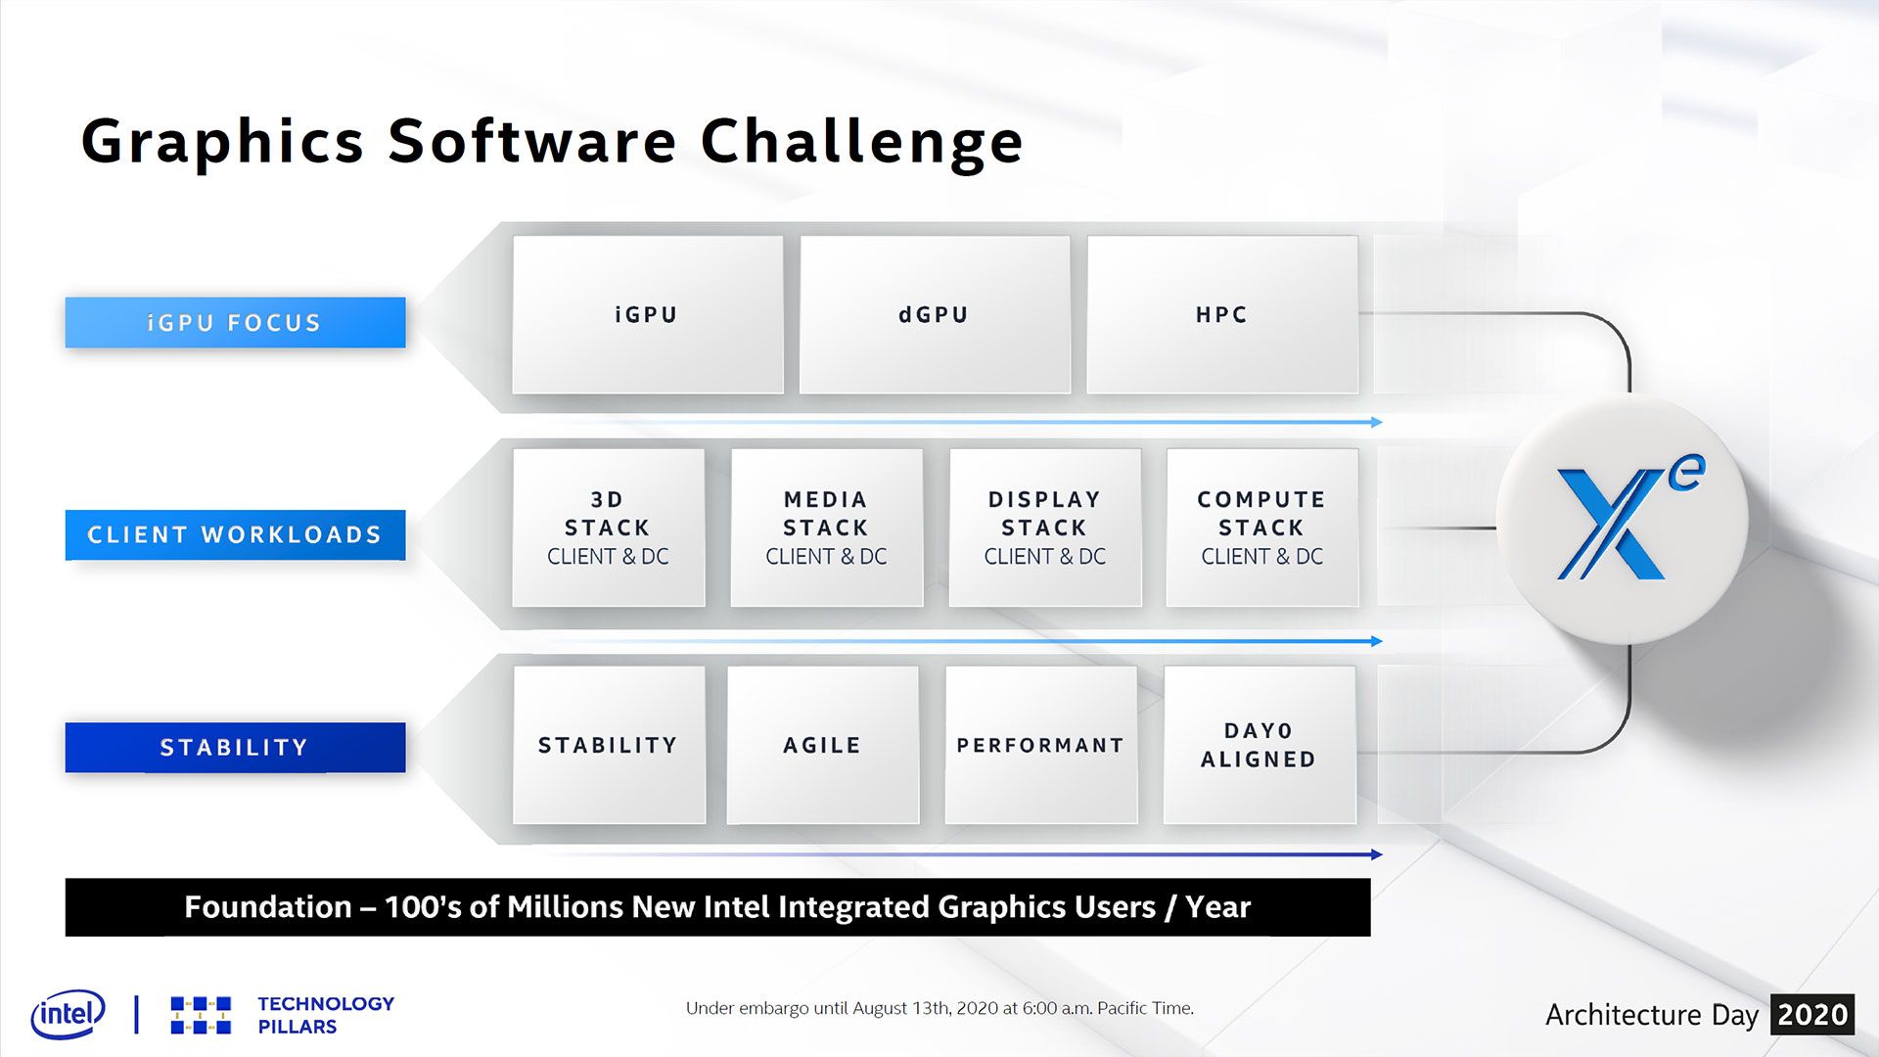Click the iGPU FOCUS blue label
[x=235, y=322]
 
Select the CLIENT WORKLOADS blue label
[x=235, y=534]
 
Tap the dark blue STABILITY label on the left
[x=235, y=747]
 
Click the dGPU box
[x=935, y=314]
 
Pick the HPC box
[x=1222, y=314]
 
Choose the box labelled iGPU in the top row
[x=647, y=314]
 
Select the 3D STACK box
[x=608, y=528]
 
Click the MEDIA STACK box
[x=826, y=528]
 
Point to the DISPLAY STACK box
[x=1044, y=528]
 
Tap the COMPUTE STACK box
[x=1262, y=528]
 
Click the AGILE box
[x=823, y=745]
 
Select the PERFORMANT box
[x=1041, y=745]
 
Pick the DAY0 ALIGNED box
[x=1260, y=745]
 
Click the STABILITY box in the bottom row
[x=609, y=745]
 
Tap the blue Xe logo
[x=1625, y=519]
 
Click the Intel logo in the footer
[x=68, y=1015]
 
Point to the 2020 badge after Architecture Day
[x=1812, y=1015]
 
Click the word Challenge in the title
[x=862, y=143]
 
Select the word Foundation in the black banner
[x=268, y=907]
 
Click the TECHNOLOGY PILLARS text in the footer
[x=326, y=1015]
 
